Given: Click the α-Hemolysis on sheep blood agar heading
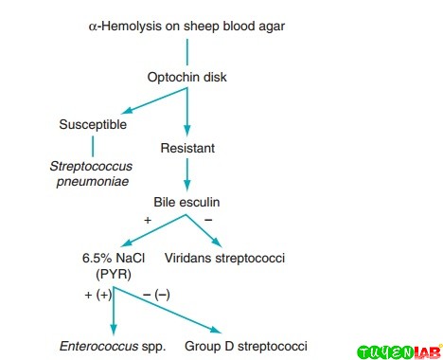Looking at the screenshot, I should [186, 26].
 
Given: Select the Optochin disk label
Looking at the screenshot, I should [186, 77].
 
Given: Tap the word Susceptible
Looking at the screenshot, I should [92, 124].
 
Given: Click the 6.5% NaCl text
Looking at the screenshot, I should [113, 257].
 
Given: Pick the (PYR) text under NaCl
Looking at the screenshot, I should [113, 275].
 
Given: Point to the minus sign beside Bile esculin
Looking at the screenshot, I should [208, 220].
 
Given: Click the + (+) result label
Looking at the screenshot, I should [98, 295].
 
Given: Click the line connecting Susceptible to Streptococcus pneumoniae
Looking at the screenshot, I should [93, 146].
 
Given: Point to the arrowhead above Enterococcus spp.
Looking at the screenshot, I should [113, 328].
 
